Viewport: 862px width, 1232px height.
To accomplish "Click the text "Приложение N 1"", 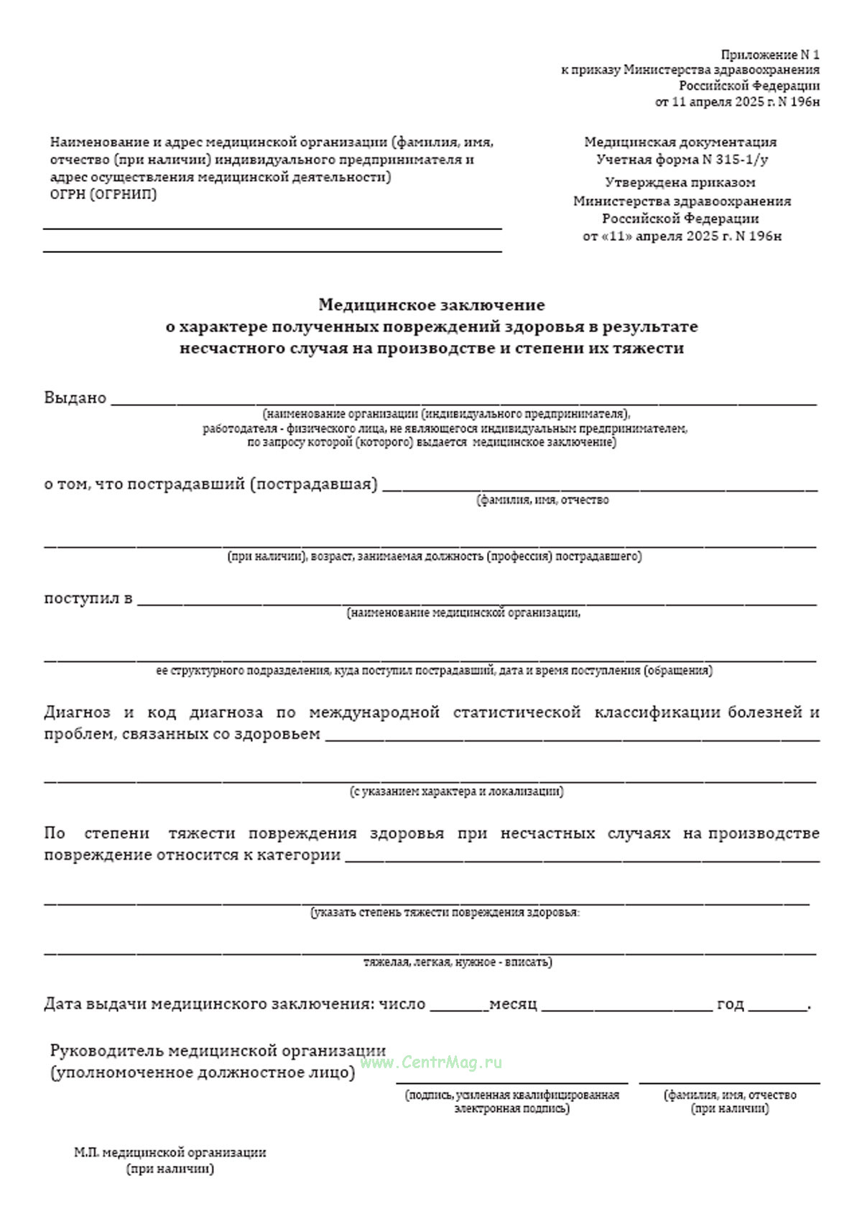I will pyautogui.click(x=770, y=55).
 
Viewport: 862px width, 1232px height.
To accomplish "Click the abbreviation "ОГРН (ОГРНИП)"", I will pyautogui.click(x=103, y=194).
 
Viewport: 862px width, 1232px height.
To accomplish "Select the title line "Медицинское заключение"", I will pyautogui.click(x=431, y=305).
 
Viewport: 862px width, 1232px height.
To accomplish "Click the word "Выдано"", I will pyautogui.click(x=75, y=397).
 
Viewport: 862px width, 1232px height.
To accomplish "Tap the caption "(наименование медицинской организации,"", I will pyautogui.click(x=463, y=613).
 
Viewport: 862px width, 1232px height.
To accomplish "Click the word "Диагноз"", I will pyautogui.click(x=77, y=712).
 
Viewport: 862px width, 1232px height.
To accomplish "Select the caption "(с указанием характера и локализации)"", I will pyautogui.click(x=456, y=791).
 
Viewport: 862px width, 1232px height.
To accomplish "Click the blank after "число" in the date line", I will pyautogui.click(x=458, y=1009).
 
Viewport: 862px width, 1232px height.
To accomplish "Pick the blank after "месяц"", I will pyautogui.click(x=626, y=1009).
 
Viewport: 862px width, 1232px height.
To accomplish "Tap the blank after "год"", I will pyautogui.click(x=777, y=1009).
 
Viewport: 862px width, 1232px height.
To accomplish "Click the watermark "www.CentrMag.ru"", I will pyautogui.click(x=431, y=1062).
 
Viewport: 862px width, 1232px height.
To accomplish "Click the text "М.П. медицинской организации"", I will pyautogui.click(x=170, y=1152).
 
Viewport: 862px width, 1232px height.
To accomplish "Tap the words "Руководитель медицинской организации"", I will pyautogui.click(x=218, y=1051).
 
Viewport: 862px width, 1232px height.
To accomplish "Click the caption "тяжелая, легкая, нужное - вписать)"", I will pyautogui.click(x=458, y=962).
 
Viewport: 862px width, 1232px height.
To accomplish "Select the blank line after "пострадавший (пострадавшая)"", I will pyautogui.click(x=600, y=490).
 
